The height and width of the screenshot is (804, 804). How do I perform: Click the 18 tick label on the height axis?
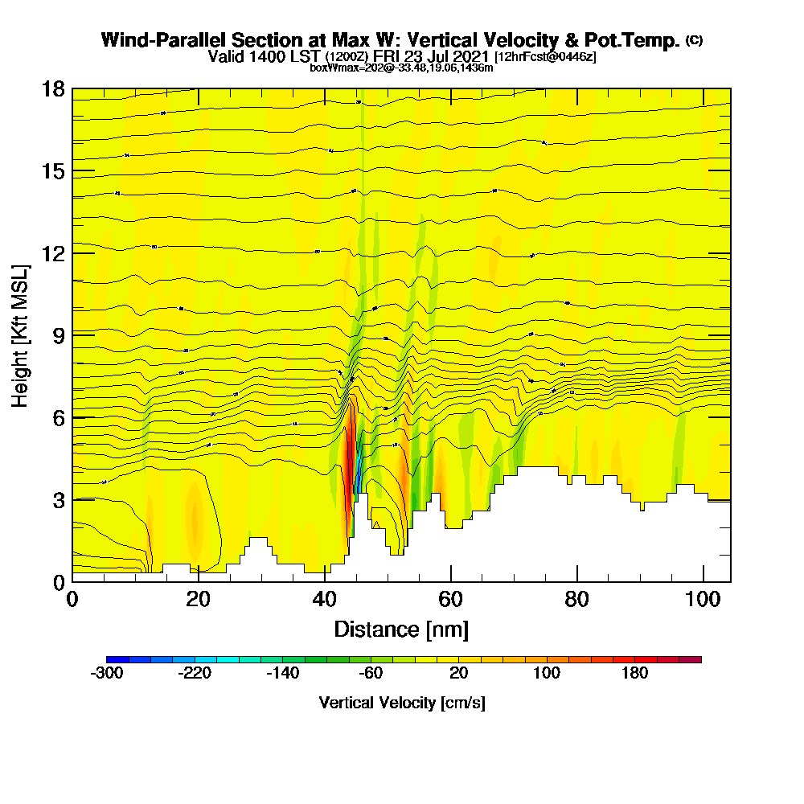(53, 89)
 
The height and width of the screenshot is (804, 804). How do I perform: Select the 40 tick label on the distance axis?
(325, 599)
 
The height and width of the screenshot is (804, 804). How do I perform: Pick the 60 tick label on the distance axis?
(451, 599)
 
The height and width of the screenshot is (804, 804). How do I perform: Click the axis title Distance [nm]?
(401, 629)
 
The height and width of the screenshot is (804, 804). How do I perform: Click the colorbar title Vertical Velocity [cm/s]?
(402, 703)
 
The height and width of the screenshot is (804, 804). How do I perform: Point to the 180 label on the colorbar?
(635, 674)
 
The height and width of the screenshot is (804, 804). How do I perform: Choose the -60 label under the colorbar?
(371, 674)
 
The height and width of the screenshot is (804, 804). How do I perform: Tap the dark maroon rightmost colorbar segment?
(691, 659)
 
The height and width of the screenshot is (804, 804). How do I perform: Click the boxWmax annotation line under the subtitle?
(401, 68)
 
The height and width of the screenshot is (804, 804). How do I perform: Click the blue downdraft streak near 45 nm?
(359, 470)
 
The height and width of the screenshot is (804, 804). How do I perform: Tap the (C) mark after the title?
(694, 39)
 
